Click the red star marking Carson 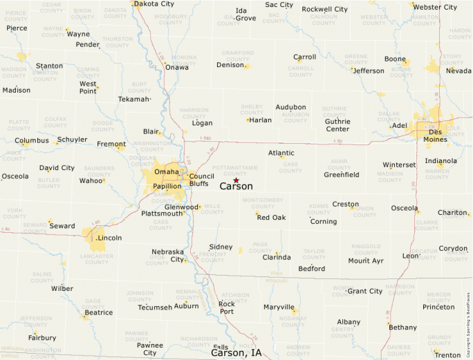(236, 180)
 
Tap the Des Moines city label (435, 135)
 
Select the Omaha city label (167, 171)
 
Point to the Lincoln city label (109, 238)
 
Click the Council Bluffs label (201, 180)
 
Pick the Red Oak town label (271, 218)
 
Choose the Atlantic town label (281, 153)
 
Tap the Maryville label (279, 307)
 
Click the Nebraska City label (168, 255)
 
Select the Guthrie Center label (337, 125)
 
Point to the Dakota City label (154, 4)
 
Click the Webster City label (435, 8)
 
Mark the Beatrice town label (98, 312)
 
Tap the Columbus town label (32, 140)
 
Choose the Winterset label (399, 165)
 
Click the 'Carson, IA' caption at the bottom (236, 352)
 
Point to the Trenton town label (447, 354)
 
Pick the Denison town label (230, 65)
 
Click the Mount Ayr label (366, 260)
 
